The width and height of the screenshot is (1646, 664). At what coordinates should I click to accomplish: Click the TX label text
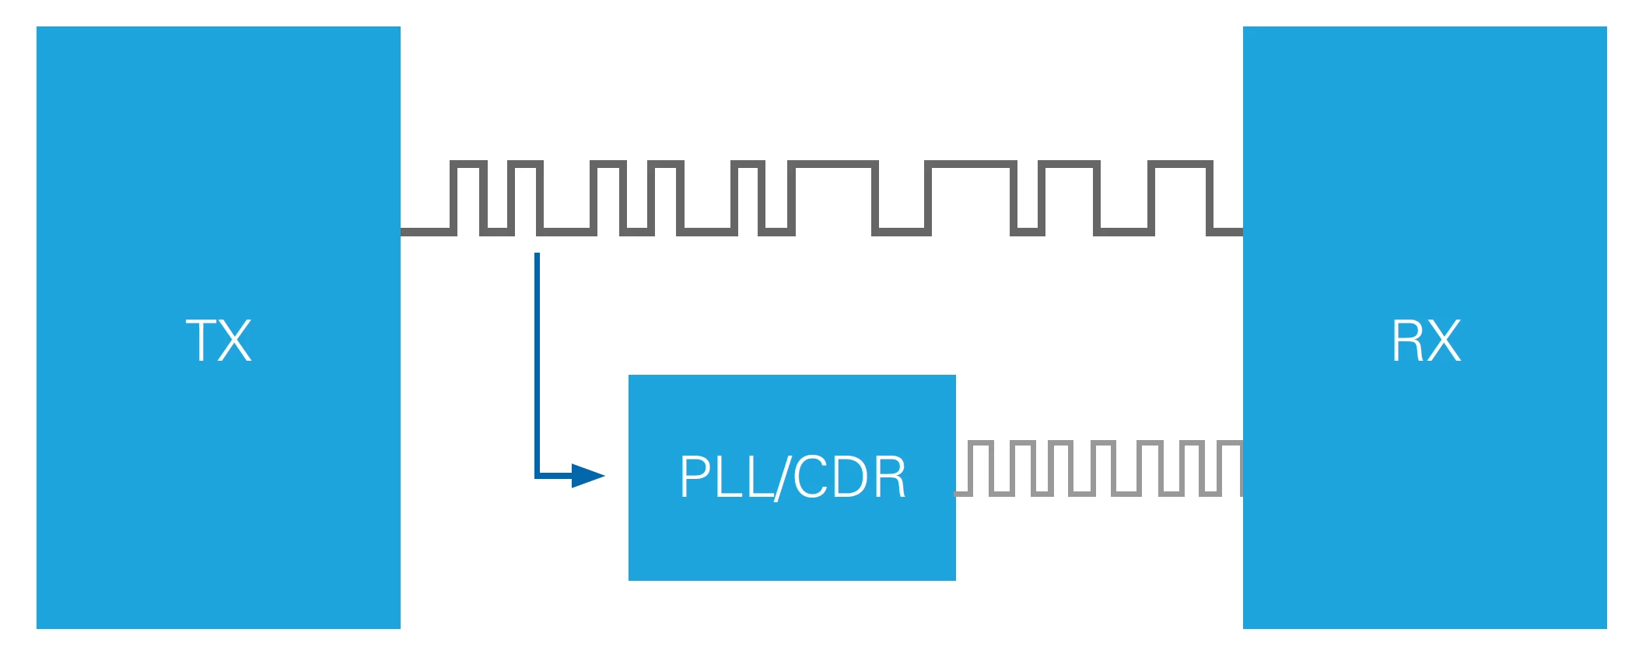click(x=219, y=341)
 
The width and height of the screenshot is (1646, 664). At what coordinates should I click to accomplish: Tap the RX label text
click(x=1425, y=341)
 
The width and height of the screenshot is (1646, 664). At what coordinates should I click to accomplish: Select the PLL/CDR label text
click(x=792, y=477)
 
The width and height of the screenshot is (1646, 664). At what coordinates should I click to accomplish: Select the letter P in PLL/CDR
click(x=693, y=477)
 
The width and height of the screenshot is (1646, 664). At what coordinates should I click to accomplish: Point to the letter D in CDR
click(x=848, y=477)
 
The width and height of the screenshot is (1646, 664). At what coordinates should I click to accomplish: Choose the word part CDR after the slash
click(x=849, y=477)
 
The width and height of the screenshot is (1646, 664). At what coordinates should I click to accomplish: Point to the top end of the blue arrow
click(x=537, y=256)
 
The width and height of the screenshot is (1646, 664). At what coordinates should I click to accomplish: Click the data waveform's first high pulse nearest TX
click(x=468, y=164)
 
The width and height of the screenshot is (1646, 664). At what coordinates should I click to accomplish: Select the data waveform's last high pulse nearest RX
click(x=1180, y=164)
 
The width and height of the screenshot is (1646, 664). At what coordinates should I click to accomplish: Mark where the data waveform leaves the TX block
click(x=404, y=232)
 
